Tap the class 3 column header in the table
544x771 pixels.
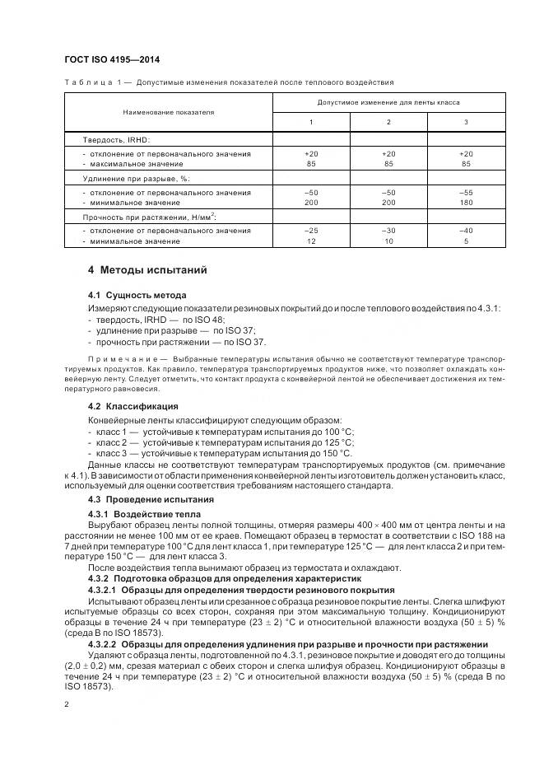click(x=466, y=122)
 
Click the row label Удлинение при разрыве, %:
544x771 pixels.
click(x=136, y=179)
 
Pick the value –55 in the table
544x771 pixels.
click(x=466, y=193)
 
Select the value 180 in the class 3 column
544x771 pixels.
click(x=466, y=203)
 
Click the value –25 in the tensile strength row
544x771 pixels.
click(x=311, y=231)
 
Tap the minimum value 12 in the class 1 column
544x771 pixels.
click(x=311, y=241)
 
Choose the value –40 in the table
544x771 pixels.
click(x=466, y=231)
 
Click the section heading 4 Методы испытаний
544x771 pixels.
click(x=147, y=270)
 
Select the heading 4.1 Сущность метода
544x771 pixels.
click(x=137, y=295)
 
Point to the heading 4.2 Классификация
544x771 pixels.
click(x=133, y=406)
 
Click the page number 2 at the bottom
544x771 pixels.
click(x=67, y=705)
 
